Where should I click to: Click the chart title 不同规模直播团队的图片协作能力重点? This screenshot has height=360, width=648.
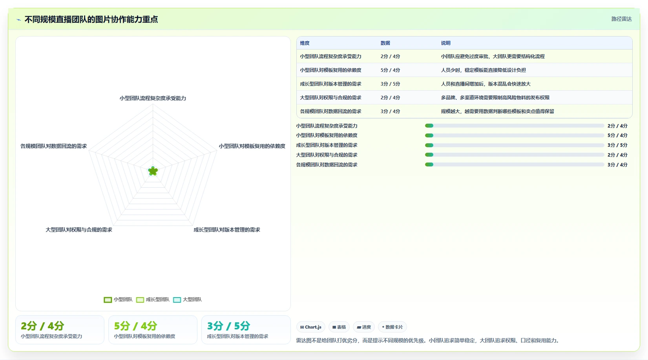[91, 19]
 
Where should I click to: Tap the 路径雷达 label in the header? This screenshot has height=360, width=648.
[621, 19]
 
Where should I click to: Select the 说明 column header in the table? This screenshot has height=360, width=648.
[445, 43]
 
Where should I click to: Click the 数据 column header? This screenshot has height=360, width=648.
[385, 43]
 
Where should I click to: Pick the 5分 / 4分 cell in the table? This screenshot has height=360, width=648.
[390, 70]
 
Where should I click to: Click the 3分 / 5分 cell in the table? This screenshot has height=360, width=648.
[390, 84]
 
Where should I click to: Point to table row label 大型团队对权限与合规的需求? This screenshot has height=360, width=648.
[330, 97]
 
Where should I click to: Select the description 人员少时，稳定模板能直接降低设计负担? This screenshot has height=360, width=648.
[483, 70]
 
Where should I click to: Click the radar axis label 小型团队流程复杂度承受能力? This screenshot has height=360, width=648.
[153, 99]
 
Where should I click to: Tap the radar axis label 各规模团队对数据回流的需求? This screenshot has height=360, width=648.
[53, 146]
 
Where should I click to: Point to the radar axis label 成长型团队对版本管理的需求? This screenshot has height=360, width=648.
[227, 230]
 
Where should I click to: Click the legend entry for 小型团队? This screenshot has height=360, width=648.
[118, 300]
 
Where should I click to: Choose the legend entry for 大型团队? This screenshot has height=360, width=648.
[187, 300]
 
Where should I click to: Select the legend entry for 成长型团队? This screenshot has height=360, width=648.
[152, 300]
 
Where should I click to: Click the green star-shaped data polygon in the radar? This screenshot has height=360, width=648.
[153, 171]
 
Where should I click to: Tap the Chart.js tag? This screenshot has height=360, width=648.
[311, 327]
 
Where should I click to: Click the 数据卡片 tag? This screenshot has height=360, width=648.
[392, 327]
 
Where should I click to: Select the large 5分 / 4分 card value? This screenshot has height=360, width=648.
[135, 326]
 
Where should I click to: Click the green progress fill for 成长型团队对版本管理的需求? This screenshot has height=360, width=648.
[429, 145]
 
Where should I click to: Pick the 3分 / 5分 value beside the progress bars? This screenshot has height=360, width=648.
[617, 145]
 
